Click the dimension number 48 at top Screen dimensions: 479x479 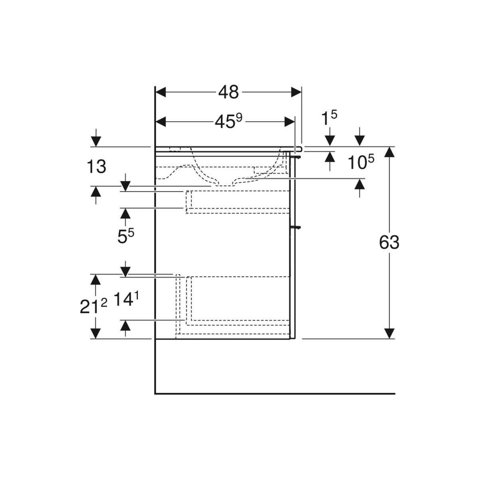(x=228, y=92)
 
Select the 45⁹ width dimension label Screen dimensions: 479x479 (x=228, y=122)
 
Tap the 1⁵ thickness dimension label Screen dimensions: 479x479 (x=329, y=118)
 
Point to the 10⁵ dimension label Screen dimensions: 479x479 (x=360, y=162)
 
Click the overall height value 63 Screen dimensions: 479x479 (x=389, y=242)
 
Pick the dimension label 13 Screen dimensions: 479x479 (x=97, y=166)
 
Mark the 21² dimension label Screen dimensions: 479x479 (x=93, y=306)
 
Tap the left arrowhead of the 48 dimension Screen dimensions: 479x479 (x=160, y=92)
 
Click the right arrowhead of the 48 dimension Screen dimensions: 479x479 (x=296, y=92)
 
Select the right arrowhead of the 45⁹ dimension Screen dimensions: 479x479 (x=290, y=122)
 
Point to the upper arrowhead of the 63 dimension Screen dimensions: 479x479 (x=389, y=152)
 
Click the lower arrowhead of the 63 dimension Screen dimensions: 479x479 (x=389, y=333)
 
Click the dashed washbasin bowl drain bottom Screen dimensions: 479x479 (x=225, y=185)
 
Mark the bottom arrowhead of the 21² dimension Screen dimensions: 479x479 (x=95, y=333)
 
